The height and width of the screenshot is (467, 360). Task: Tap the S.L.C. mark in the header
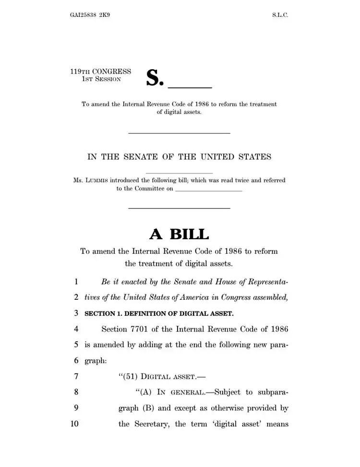point(280,15)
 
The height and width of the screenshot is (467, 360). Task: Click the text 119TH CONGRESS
point(100,72)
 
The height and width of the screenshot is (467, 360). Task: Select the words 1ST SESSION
point(101,79)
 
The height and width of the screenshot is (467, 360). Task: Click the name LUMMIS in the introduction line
point(96,181)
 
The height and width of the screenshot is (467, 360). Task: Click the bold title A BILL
point(180,234)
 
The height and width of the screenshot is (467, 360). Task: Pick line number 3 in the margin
point(76,313)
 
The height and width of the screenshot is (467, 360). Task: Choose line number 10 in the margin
point(74,424)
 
